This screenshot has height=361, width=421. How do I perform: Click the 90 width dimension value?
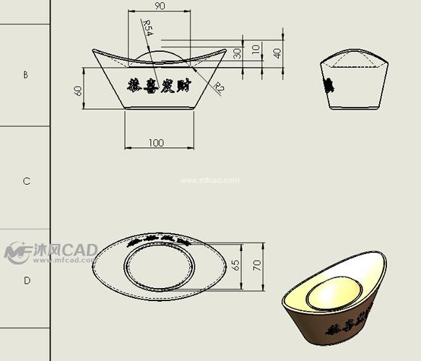click(x=159, y=6)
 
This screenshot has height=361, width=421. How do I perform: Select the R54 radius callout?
click(x=147, y=29)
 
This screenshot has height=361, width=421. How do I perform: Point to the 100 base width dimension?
click(x=156, y=143)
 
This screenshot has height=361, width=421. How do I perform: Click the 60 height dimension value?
click(x=79, y=91)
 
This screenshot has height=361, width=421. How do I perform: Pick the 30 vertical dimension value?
click(x=238, y=54)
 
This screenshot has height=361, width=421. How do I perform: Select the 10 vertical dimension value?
click(x=256, y=49)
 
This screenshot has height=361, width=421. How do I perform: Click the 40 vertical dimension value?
click(x=277, y=53)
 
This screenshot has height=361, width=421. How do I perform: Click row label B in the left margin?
click(x=26, y=74)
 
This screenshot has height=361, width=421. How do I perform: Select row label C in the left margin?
click(x=26, y=181)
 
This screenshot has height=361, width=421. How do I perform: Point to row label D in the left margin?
click(x=26, y=280)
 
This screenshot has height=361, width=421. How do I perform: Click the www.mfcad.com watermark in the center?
click(x=209, y=180)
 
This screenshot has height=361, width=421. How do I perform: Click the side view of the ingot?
click(x=352, y=83)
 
